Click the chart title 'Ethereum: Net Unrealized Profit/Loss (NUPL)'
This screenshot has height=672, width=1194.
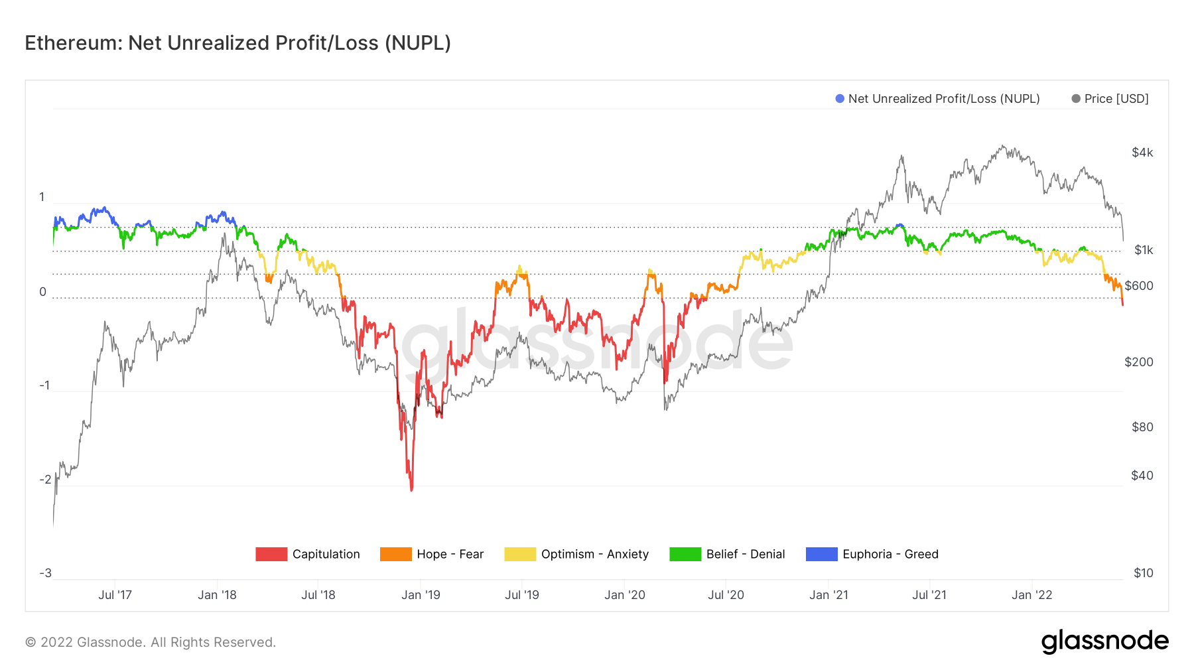coord(237,43)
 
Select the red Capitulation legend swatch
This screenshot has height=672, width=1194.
coord(271,554)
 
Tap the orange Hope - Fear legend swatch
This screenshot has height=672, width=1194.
coord(395,554)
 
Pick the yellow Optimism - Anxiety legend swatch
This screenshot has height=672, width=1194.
coord(520,554)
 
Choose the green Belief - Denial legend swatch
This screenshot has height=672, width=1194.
coord(685,554)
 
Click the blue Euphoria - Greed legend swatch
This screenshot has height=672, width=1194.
coord(821,554)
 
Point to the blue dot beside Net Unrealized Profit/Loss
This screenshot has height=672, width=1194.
coord(840,99)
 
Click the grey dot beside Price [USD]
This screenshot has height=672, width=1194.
coord(1076,99)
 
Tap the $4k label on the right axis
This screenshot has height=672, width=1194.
coord(1142,153)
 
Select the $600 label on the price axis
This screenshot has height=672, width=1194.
coord(1139,286)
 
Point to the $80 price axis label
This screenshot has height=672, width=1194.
coord(1142,427)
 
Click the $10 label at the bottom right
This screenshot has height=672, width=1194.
coord(1143,573)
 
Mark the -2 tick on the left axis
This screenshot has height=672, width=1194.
coord(45,480)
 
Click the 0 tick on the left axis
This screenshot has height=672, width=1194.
coord(43,292)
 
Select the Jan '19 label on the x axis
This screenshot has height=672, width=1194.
coord(421,595)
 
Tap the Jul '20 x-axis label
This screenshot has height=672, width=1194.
coord(726,595)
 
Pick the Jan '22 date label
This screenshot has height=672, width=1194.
coord(1031,595)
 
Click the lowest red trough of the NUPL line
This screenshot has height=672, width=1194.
coord(411,490)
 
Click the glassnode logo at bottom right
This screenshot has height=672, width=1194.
coord(1104,641)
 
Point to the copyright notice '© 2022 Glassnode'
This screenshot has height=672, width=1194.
coord(151,642)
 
